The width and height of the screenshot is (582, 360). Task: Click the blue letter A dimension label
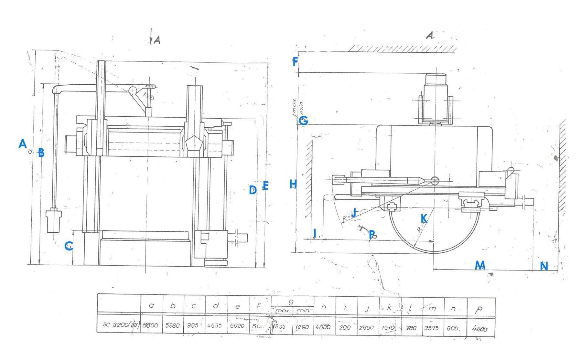tap(22, 143)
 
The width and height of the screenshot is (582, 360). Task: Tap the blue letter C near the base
tap(69, 246)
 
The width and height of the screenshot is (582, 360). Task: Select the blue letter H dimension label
tap(293, 184)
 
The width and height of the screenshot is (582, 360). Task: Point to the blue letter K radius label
tap(424, 218)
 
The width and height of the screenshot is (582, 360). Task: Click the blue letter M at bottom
tap(480, 266)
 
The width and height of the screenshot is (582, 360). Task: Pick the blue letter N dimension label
tap(544, 266)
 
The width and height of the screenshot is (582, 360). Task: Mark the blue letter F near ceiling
tap(295, 61)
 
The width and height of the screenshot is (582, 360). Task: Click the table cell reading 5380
tap(173, 326)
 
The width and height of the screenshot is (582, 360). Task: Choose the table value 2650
tap(367, 327)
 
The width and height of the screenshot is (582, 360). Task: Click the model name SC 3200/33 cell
tap(119, 325)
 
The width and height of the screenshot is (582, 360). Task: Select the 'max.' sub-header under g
tap(282, 311)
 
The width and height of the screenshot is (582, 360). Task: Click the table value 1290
tap(303, 327)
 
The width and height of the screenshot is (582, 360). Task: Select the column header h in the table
tap(324, 307)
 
